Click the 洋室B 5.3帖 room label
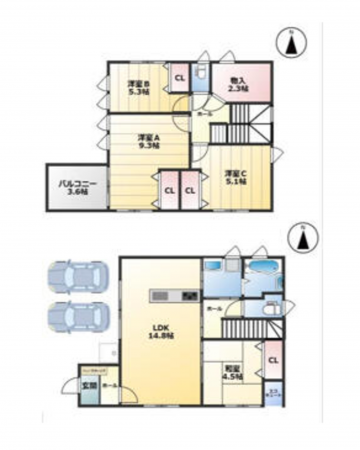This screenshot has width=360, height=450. pyautogui.click(x=139, y=87)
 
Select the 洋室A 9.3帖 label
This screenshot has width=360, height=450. pyautogui.click(x=151, y=141)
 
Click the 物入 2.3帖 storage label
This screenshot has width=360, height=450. pyautogui.click(x=237, y=85)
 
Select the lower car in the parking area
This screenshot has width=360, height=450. pyautogui.click(x=72, y=317)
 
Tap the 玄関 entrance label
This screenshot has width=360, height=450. pyautogui.click(x=88, y=384)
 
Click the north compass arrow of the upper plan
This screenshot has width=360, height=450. pyautogui.click(x=289, y=42)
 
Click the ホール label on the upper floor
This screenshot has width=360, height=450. pyautogui.click(x=203, y=114)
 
